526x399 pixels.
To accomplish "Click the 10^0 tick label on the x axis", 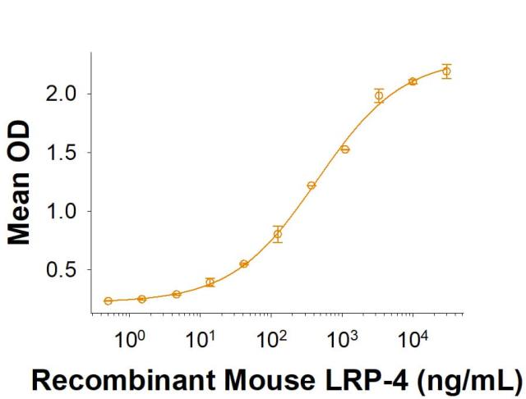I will point(129,337).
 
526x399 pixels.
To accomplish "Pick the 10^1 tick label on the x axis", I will point(200,337).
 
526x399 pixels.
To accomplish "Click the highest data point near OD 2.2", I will point(446,71).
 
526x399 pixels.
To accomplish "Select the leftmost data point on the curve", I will point(108,301).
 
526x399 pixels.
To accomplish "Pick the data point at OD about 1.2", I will point(311,186).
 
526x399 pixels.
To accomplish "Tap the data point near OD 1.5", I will point(345,149).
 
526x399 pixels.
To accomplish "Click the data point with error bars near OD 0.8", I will point(278,234).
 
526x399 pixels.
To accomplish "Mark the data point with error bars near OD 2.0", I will point(379,95).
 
